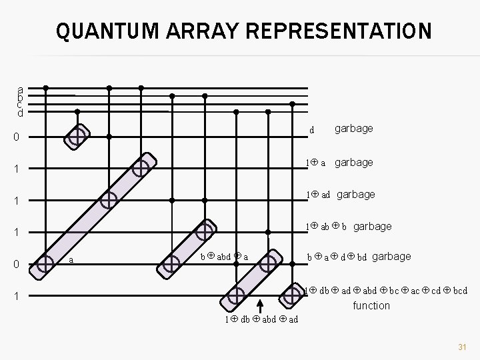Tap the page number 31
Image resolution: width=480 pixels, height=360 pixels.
(x=461, y=347)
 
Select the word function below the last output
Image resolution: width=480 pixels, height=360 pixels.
(x=371, y=305)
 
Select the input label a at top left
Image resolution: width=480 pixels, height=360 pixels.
(x=21, y=89)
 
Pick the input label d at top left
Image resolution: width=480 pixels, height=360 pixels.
(x=21, y=113)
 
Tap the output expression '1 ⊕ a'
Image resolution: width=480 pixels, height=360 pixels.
(x=315, y=162)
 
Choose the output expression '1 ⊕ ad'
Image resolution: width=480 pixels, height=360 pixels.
(x=318, y=195)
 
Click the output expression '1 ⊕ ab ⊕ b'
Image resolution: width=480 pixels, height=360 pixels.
(x=326, y=226)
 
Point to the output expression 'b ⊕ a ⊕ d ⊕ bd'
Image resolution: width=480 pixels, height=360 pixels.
(x=336, y=257)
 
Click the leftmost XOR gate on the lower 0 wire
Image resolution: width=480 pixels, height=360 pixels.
(x=45, y=265)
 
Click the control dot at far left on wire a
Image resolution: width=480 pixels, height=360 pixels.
(x=45, y=87)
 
